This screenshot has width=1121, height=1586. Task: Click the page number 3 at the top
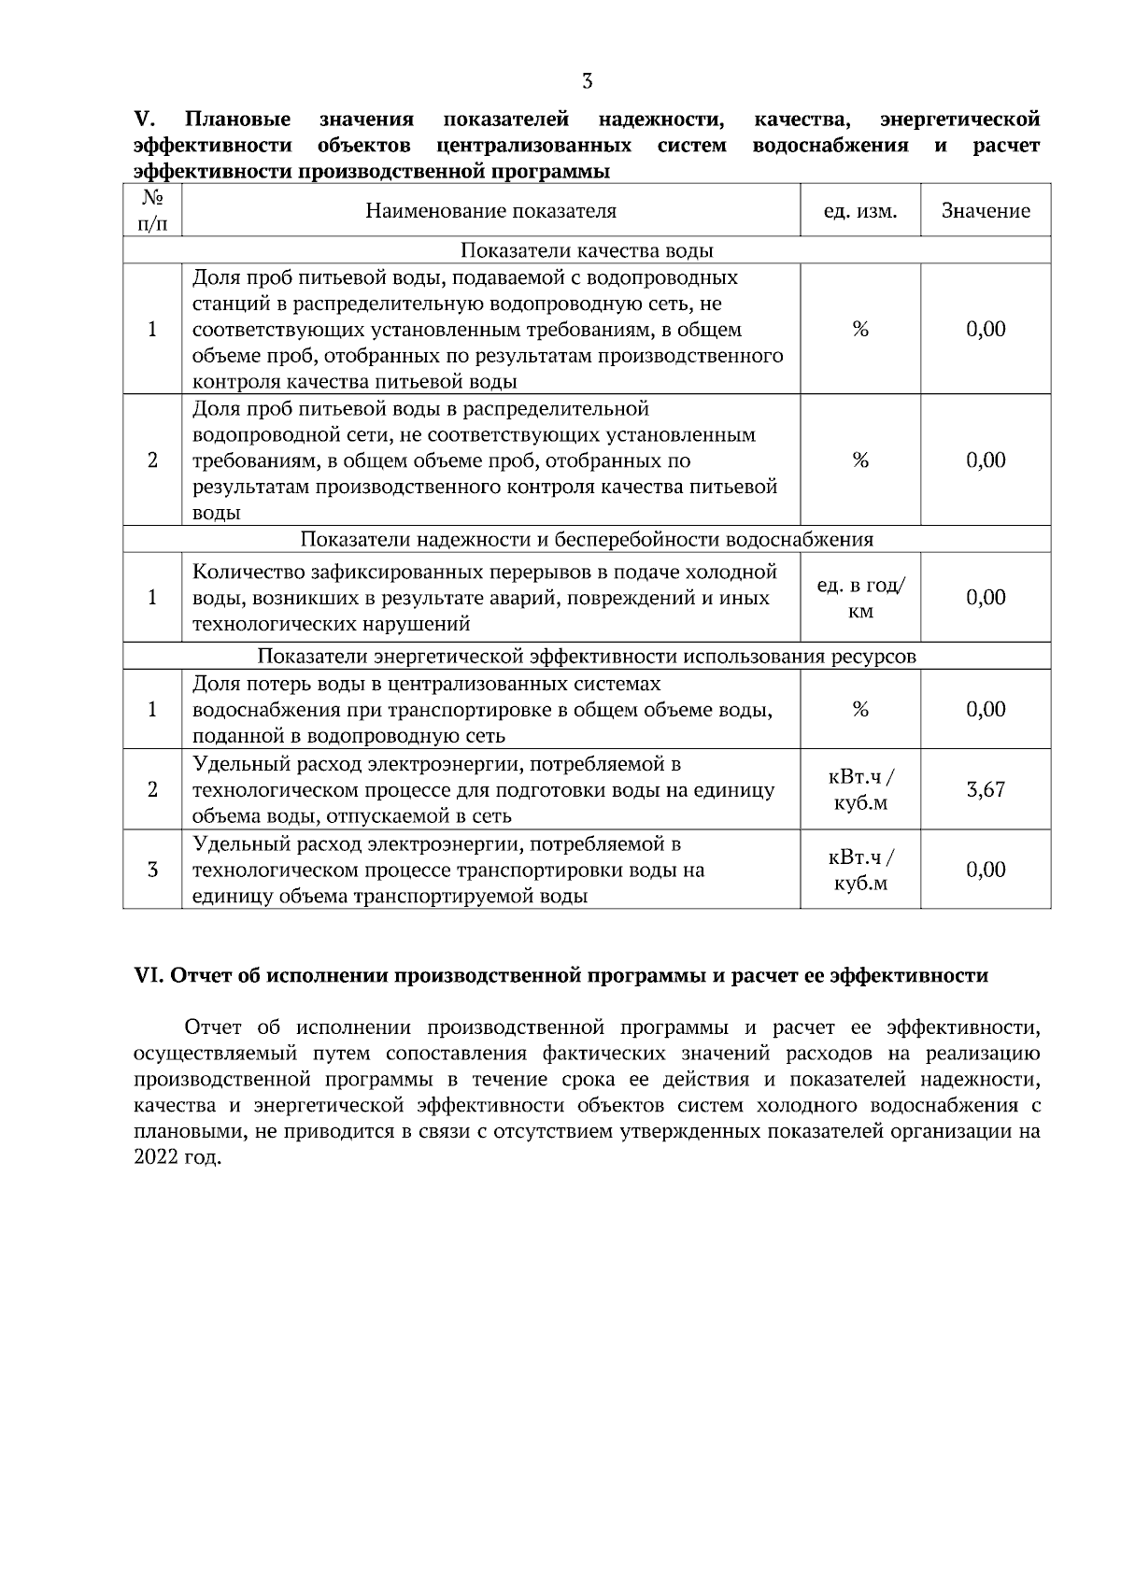point(587,81)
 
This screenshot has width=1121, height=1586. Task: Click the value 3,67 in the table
point(986,789)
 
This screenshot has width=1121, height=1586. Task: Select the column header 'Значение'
point(986,211)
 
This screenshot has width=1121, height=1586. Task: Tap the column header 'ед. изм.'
point(859,211)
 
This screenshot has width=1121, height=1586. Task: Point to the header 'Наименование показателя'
point(490,211)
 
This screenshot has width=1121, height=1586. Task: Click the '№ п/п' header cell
point(152,211)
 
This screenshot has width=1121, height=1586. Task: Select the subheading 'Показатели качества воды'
point(587,251)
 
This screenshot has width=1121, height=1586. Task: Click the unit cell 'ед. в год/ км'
point(859,598)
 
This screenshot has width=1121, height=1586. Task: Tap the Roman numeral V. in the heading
point(144,120)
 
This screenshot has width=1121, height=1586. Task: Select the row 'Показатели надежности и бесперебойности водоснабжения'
point(587,540)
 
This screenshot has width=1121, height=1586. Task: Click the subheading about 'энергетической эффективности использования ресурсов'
point(587,657)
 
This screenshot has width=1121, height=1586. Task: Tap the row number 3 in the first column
point(152,871)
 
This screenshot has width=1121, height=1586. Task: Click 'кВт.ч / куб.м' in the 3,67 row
point(859,790)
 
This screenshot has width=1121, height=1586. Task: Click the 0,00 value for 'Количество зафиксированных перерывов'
point(986,598)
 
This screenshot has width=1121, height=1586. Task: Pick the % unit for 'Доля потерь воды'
point(859,710)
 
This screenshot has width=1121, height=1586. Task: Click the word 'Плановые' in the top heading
point(237,120)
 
